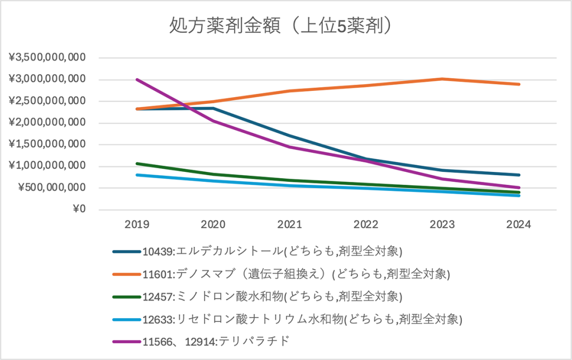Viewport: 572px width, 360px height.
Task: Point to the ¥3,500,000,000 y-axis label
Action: point(47,57)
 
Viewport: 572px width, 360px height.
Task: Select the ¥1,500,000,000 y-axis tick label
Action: point(47,145)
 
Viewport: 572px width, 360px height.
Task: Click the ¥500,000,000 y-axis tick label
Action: point(51,188)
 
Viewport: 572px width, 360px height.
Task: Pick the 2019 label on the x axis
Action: point(136,225)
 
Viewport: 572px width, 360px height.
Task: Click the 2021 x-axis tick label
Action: point(289,225)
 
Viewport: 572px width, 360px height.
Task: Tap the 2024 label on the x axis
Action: point(519,225)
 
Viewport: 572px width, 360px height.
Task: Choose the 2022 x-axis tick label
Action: point(366,225)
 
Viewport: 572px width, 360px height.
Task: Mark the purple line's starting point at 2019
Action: point(137,79)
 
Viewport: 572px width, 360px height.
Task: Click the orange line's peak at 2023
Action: point(442,79)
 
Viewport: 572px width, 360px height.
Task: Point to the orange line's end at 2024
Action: point(519,84)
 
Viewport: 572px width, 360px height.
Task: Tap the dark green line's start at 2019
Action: point(137,164)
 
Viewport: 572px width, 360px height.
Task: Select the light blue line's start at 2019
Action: point(137,175)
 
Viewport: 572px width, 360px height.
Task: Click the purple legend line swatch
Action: point(127,342)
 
